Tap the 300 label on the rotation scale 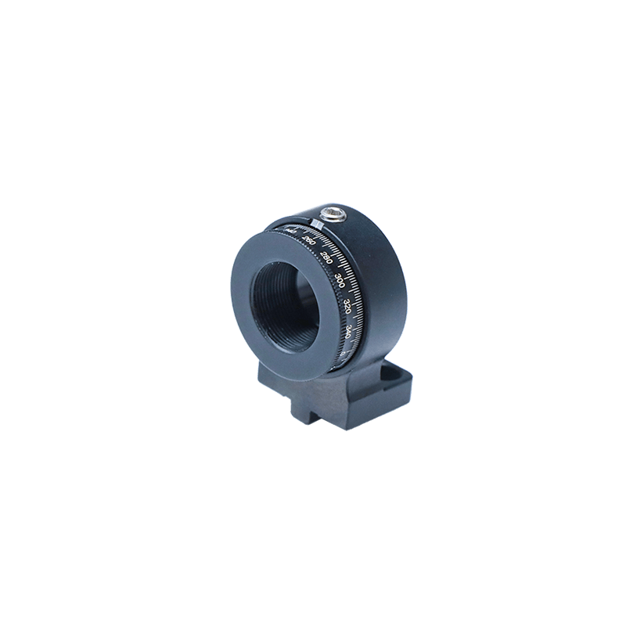[x=340, y=279]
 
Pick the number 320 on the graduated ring [x=347, y=304]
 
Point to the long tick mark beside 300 [x=350, y=275]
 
